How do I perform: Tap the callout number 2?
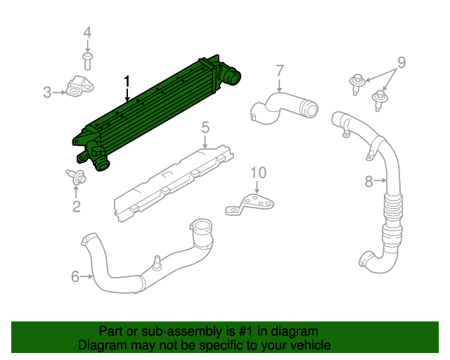click(x=76, y=206)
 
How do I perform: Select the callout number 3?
click(x=47, y=91)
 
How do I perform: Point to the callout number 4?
click(x=87, y=32)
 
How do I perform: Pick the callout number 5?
click(x=205, y=127)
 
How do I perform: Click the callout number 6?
click(x=75, y=276)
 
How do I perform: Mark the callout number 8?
click(x=368, y=182)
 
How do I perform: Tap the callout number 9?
click(x=401, y=63)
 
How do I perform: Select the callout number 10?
click(x=258, y=172)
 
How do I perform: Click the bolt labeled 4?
click(x=87, y=59)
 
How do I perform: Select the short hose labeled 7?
click(x=281, y=108)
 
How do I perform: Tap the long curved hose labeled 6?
click(x=141, y=271)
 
